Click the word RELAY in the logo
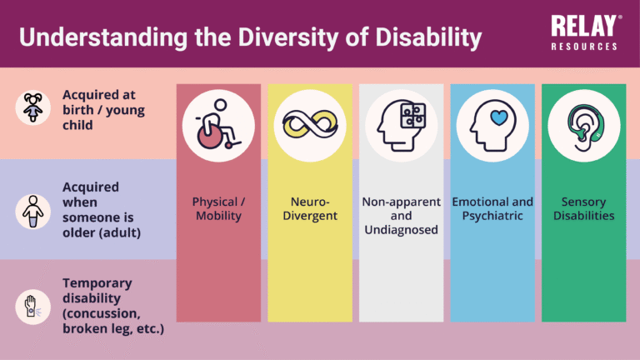[x=583, y=26]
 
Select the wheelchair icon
[x=218, y=124]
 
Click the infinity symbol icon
[x=309, y=124]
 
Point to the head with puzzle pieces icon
[x=401, y=124]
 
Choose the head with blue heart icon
[x=492, y=124]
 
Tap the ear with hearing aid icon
[x=582, y=124]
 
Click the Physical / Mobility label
[x=218, y=208]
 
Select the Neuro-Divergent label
[x=309, y=208]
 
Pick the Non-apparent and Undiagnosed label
[x=401, y=215]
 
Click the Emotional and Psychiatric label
[x=492, y=208]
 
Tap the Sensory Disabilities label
[x=582, y=208]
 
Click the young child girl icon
[x=33, y=108]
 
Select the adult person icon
[x=33, y=210]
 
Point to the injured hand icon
[x=33, y=307]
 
